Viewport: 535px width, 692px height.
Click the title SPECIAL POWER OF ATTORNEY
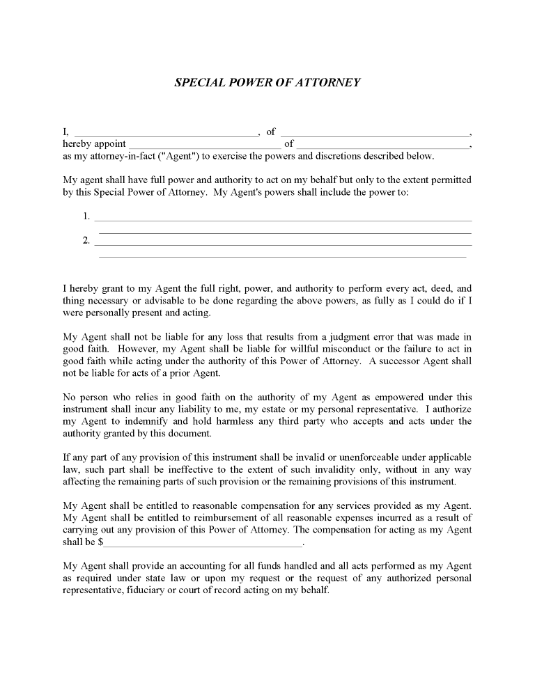pyautogui.click(x=267, y=82)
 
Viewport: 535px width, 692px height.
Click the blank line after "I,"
pyautogui.click(x=165, y=134)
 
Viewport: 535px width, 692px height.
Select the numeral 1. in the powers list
pyautogui.click(x=86, y=216)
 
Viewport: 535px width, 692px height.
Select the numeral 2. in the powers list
pyautogui.click(x=86, y=241)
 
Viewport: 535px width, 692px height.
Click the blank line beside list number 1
pyautogui.click(x=283, y=220)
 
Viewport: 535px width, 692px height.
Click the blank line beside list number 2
pyautogui.click(x=283, y=244)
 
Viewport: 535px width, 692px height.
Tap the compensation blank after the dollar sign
pyautogui.click(x=203, y=544)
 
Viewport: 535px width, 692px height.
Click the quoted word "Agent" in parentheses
pyautogui.click(x=183, y=156)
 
